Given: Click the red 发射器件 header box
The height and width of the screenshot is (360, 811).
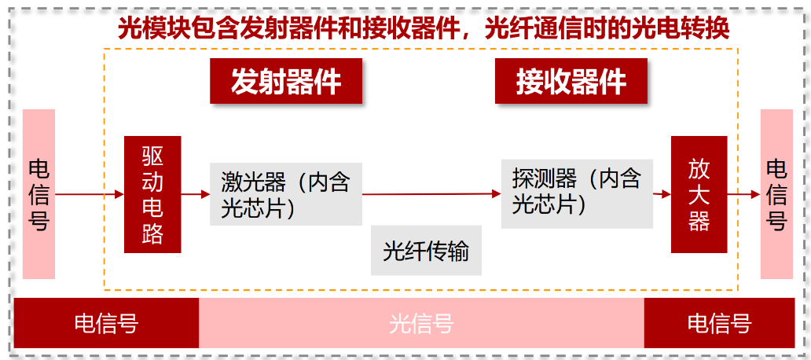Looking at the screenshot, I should [285, 81].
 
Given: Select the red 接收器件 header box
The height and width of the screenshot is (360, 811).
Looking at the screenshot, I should [571, 81].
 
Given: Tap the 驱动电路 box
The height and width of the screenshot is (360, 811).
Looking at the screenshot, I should [152, 194].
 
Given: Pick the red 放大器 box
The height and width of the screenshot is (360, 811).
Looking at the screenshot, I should [699, 194].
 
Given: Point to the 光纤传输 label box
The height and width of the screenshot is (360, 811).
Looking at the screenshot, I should [426, 252].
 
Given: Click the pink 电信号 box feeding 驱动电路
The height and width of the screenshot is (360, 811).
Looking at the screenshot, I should [39, 194].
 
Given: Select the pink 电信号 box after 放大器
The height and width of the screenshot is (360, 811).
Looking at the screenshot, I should [776, 194].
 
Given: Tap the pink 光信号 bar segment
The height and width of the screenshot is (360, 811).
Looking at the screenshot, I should [421, 323].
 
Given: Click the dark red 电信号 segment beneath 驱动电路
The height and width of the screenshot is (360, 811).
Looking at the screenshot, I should [106, 323].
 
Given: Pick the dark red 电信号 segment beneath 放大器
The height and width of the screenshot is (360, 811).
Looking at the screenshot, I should [719, 323].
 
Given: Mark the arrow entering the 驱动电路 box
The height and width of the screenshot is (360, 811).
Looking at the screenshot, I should [89, 194].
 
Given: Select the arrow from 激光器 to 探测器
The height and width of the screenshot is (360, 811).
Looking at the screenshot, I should [431, 193].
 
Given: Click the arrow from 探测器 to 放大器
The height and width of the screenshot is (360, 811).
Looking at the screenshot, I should [662, 194].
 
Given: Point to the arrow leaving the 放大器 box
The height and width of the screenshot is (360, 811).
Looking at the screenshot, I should [743, 194].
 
